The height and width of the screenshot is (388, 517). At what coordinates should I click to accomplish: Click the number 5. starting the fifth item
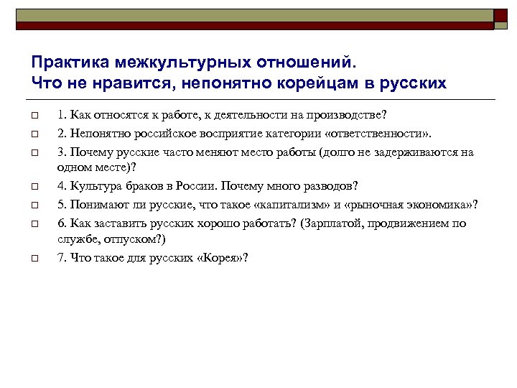pyautogui.click(x=62, y=205)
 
